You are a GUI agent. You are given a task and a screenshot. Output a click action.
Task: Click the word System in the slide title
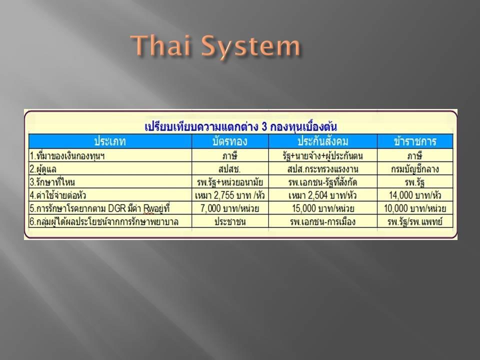point(250,47)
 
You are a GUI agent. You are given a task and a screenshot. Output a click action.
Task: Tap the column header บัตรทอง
point(230,141)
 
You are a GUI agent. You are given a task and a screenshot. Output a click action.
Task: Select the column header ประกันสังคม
point(322,141)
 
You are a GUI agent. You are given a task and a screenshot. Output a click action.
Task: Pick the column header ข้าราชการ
point(415,141)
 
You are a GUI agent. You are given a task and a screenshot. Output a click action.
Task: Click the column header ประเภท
point(110,141)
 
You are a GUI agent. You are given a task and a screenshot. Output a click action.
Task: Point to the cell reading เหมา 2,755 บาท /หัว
point(230,195)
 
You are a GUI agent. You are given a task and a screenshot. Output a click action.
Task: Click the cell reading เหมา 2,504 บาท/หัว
point(322,195)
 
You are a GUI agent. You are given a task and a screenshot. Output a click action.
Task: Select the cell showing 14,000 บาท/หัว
point(415,195)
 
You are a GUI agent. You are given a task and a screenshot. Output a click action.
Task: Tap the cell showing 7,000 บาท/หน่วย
point(230,208)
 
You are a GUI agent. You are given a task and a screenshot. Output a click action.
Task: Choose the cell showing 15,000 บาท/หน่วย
point(323,208)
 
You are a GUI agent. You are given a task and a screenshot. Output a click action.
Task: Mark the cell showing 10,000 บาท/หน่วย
point(415,208)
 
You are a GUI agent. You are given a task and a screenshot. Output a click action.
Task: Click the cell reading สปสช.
point(229,169)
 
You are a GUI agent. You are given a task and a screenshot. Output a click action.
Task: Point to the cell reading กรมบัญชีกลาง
point(415,169)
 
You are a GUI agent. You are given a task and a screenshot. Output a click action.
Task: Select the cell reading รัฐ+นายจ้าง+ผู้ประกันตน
point(322,156)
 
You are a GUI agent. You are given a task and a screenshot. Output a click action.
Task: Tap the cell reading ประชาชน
point(230,221)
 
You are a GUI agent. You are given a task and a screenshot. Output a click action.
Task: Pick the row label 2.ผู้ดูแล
point(43,169)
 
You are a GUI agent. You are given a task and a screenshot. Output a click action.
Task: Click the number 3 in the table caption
point(264,126)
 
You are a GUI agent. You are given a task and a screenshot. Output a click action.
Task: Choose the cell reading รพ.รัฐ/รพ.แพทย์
point(415,221)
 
